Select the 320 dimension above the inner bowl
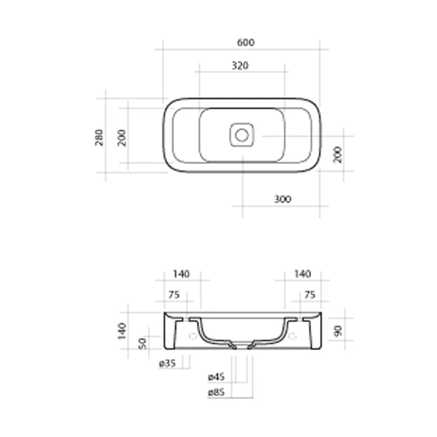pos(240,66)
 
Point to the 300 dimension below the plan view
pos(282,199)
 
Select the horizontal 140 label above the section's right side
pos(302,274)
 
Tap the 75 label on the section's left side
pos(174,294)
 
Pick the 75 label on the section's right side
pos(309,294)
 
